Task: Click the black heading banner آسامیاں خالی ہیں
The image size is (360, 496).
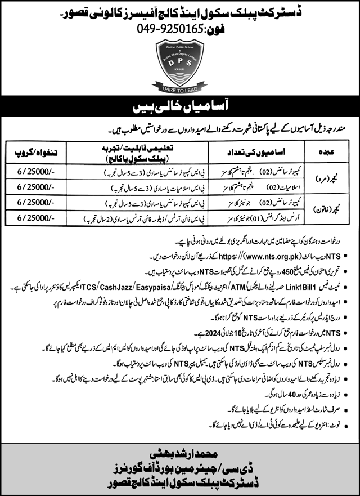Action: click(180, 106)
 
